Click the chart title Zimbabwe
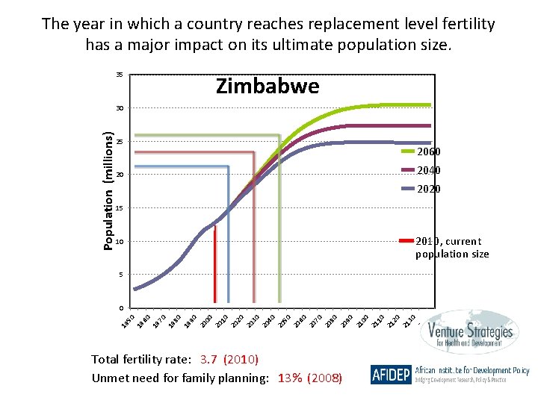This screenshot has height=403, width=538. tap(268, 87)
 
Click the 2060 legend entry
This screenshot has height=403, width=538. tap(428, 152)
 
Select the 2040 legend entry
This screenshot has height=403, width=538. tap(428, 170)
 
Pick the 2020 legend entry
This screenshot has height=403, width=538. tap(428, 189)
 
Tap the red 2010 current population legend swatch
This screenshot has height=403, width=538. tap(406, 241)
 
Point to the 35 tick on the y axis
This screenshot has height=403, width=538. tap(119, 75)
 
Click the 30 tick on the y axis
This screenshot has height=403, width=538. tap(119, 109)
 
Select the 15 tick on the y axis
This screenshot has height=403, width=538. tap(119, 208)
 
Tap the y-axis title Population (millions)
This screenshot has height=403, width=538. tap(109, 191)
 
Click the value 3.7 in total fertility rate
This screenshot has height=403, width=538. tap(211, 360)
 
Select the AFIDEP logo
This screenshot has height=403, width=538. tap(391, 374)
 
